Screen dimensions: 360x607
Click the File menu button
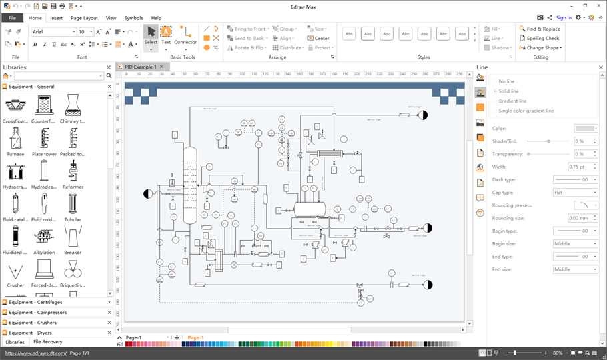tap(12, 18)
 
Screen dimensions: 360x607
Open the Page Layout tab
tap(84, 18)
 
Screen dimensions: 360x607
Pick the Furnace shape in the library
tap(15, 139)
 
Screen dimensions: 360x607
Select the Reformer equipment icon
tap(73, 172)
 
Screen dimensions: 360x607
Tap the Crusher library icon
tap(15, 270)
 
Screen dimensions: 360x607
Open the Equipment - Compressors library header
tap(38, 312)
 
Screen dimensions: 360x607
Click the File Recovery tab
tap(48, 342)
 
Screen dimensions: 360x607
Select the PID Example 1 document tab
tap(140, 67)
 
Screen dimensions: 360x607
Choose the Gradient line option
tap(512, 101)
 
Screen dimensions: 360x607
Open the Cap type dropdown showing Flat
tap(575, 192)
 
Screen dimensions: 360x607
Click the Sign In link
tap(564, 18)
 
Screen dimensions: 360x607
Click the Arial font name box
tap(53, 31)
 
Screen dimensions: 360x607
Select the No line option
tap(506, 81)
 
